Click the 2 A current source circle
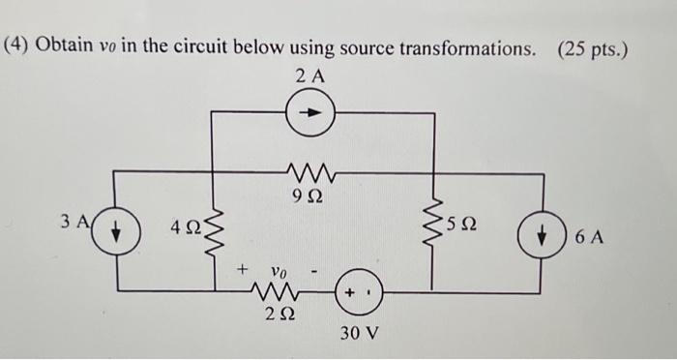[x=310, y=112]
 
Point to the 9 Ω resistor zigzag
[x=310, y=171]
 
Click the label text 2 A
[x=310, y=75]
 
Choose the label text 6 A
[x=585, y=235]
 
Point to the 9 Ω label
[x=309, y=195]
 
